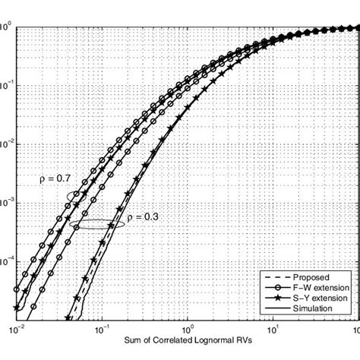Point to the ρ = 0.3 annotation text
(x=140, y=217)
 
